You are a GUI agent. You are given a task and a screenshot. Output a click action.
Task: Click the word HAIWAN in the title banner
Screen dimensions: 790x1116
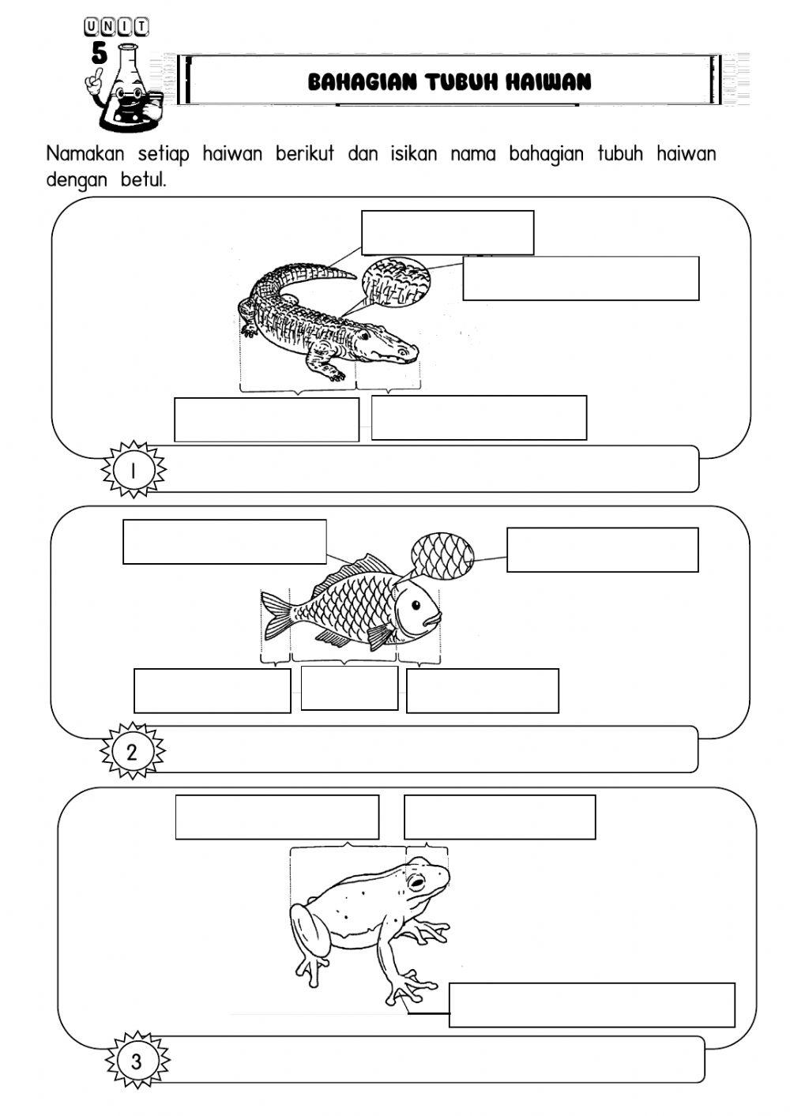pos(547,81)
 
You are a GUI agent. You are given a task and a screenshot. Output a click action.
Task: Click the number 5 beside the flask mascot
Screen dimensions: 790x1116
pos(100,53)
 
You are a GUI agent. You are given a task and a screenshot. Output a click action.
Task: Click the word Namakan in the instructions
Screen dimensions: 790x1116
pos(85,154)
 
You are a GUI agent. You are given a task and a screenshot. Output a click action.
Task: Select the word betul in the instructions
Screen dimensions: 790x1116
pos(142,180)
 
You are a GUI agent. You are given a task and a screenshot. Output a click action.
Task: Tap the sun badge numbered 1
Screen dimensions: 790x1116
pos(133,470)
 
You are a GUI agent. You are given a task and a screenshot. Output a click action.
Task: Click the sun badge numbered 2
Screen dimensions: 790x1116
pos(132,752)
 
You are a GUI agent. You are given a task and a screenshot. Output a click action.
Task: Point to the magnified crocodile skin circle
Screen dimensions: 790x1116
pos(397,281)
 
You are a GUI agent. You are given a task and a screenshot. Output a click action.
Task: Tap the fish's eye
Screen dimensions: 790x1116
pos(416,606)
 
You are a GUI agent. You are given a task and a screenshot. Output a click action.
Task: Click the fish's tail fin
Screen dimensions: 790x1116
pos(276,616)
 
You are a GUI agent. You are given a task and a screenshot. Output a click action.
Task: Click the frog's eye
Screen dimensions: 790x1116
pos(416,882)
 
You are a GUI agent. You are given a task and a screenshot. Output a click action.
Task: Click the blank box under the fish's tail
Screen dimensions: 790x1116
pos(213,690)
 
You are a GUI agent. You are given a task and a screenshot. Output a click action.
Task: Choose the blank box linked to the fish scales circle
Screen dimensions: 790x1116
pos(603,550)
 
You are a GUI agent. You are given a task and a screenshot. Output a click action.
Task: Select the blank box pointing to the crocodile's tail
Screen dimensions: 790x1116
pos(448,233)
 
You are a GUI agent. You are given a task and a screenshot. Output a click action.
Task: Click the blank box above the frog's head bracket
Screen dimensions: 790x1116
pos(500,817)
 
